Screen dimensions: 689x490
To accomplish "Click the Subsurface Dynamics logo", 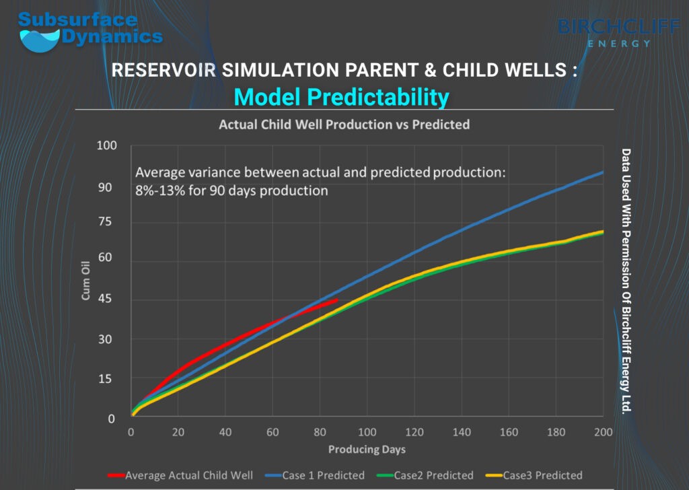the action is point(90,32).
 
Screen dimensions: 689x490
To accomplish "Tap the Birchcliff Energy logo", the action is point(619,32).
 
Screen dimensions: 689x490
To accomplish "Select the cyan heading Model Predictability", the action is point(341,97).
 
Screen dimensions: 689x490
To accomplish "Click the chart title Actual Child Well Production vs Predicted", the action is point(344,125).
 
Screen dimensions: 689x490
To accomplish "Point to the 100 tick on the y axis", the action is point(107,145).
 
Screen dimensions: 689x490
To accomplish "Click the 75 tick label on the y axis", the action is point(104,221).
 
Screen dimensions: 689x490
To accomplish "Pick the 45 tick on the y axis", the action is point(104,298).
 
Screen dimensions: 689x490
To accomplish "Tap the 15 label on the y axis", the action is point(104,379).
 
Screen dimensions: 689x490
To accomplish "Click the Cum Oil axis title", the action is point(85,281).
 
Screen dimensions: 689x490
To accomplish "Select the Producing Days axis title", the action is point(367,449).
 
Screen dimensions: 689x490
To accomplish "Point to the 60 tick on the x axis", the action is point(273,432).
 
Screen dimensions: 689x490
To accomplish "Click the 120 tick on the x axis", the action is point(414,432).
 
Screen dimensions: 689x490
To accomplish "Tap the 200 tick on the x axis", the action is point(604,432).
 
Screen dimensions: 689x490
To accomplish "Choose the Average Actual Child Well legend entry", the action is point(180,475).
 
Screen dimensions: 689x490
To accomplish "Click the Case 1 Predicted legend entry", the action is point(315,475).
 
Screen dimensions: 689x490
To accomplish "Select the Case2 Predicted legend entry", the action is point(425,475).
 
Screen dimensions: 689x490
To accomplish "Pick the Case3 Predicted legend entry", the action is point(534,475).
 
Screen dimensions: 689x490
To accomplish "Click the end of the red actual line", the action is point(337,300).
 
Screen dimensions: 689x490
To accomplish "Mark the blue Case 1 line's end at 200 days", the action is point(603,172).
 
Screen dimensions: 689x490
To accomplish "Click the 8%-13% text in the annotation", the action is point(160,190).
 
